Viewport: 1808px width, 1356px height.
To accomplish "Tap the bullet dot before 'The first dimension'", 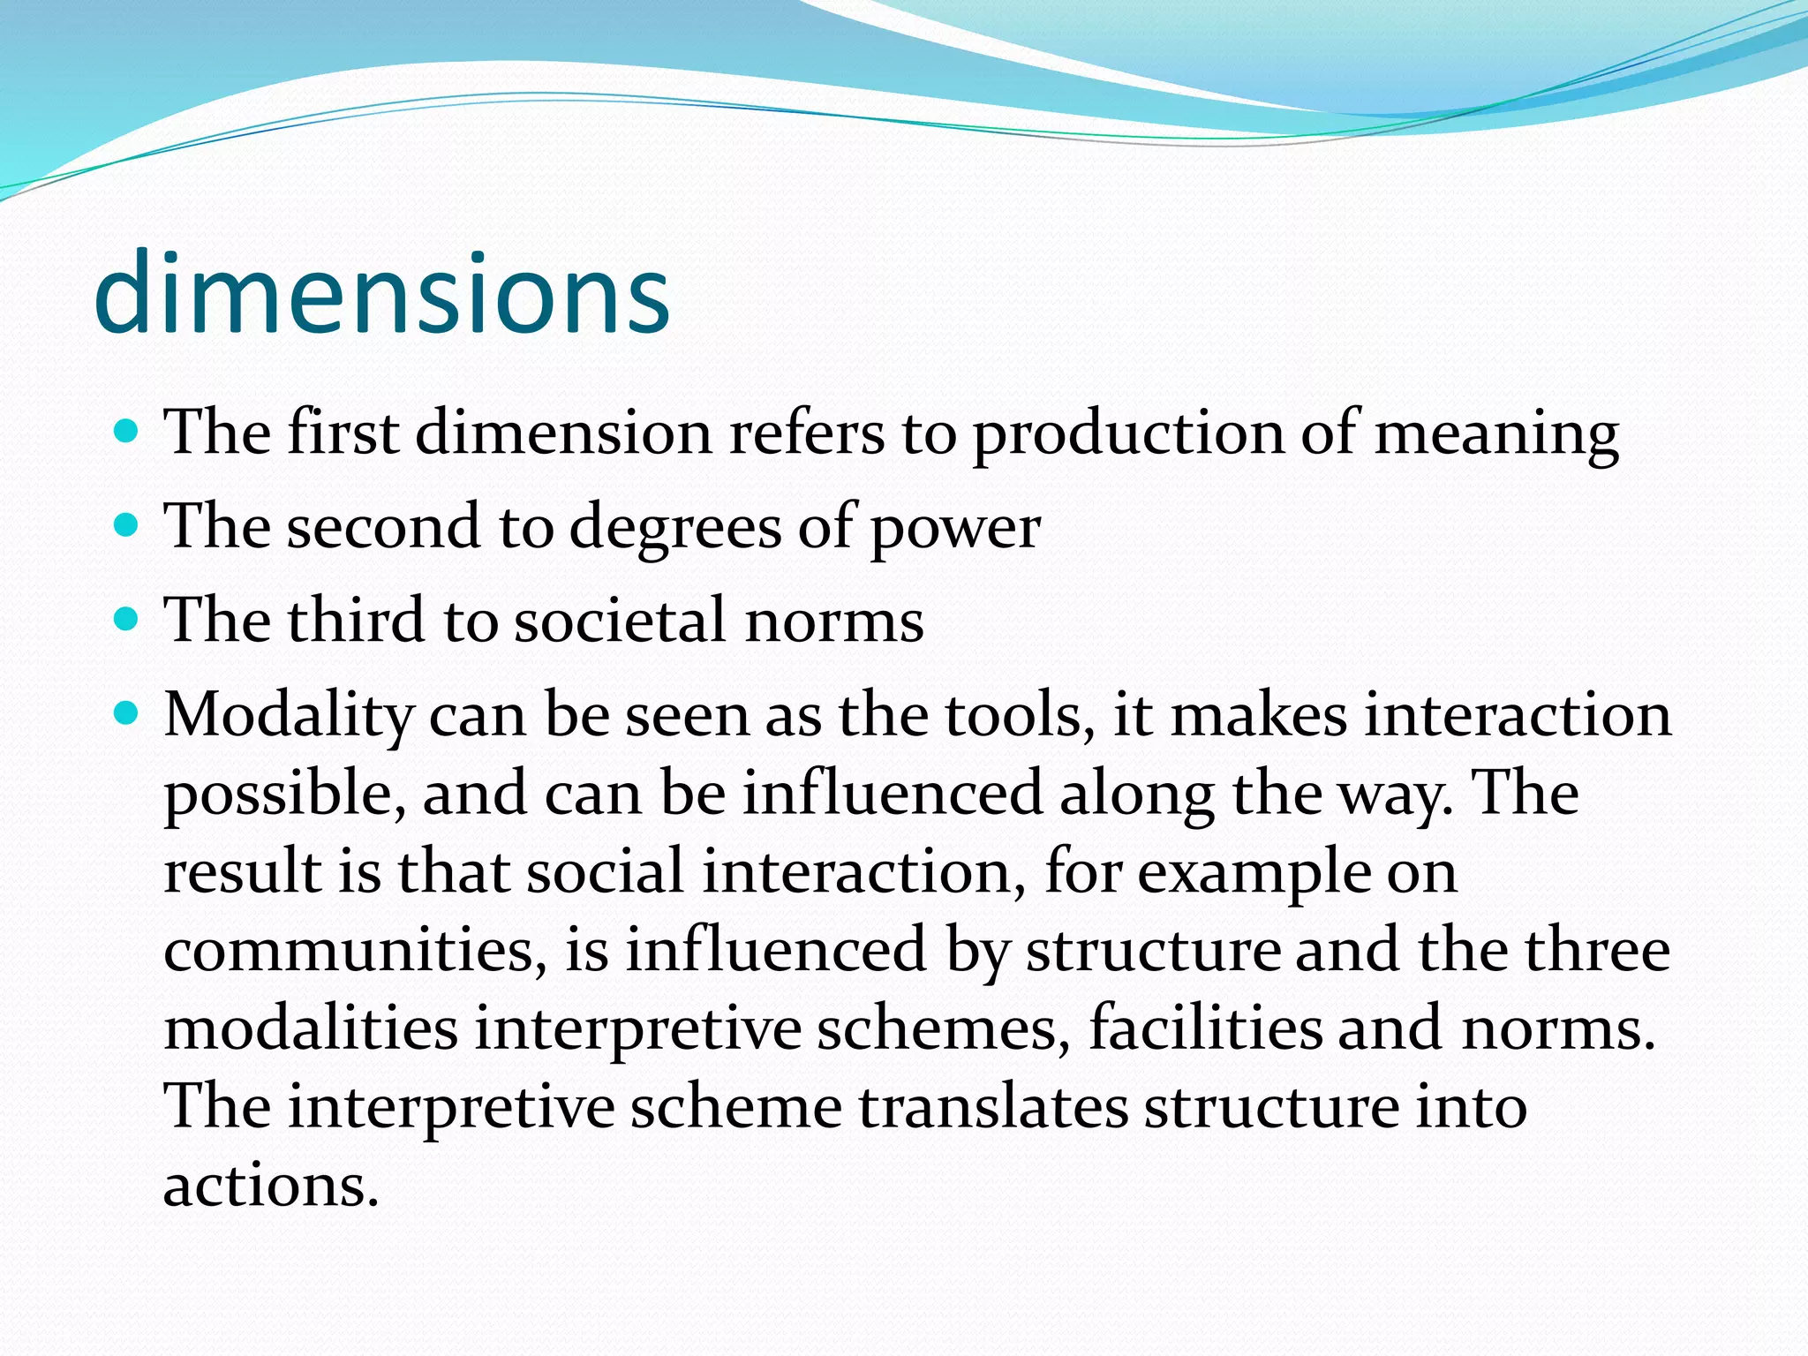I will pos(127,432).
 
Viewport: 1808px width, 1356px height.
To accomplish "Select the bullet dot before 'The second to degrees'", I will pos(127,526).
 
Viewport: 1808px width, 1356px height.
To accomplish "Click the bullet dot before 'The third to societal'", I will pos(127,619).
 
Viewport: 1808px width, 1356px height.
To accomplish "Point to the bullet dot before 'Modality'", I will pos(127,713).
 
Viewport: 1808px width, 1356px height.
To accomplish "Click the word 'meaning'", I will pos(1496,434).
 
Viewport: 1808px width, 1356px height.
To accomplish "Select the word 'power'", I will pos(954,528).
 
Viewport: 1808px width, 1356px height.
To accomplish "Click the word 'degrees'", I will pos(675,528).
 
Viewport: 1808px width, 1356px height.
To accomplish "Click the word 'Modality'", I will pos(289,715).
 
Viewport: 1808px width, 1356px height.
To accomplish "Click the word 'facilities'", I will pos(1205,1028).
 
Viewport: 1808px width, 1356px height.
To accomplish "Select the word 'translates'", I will pos(993,1106).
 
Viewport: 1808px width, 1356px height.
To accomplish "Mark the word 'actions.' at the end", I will pos(271,1185).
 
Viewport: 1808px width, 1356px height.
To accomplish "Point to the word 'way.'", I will pos(1396,794).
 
